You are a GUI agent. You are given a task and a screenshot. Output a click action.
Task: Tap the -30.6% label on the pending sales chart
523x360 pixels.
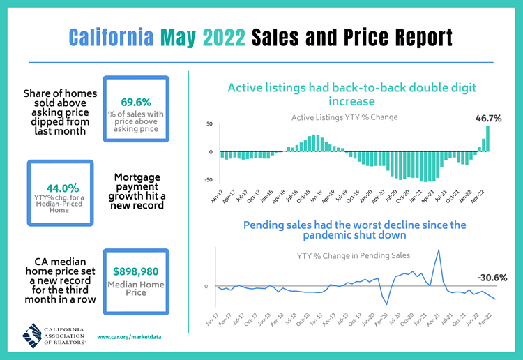pos(492,277)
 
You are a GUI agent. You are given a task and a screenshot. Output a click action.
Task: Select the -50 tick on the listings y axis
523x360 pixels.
pos(209,180)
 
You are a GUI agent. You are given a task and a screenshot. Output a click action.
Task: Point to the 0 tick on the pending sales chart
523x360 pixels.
pos(206,287)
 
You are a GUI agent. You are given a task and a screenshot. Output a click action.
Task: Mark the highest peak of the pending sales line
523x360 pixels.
pos(438,250)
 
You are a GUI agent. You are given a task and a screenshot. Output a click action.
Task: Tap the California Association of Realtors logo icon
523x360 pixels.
pos(34,336)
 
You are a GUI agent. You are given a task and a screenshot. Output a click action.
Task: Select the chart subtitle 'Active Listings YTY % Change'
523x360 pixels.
pos(344,117)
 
